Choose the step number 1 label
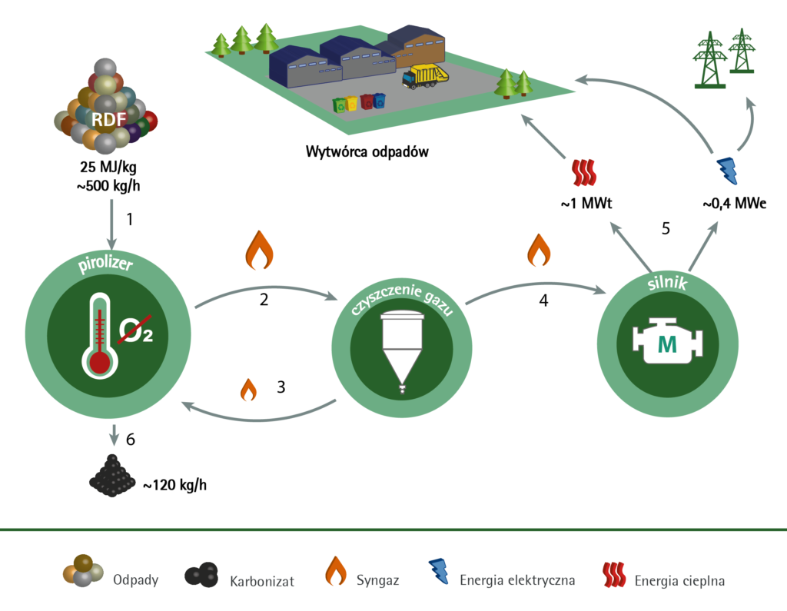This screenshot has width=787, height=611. pyautogui.click(x=130, y=219)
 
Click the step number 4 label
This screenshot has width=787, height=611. pyautogui.click(x=543, y=301)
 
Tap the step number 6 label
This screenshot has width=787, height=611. pyautogui.click(x=130, y=440)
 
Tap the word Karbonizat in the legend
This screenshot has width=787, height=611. pyautogui.click(x=262, y=580)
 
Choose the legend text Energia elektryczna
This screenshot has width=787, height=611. pyautogui.click(x=517, y=579)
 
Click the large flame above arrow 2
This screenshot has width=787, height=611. pyautogui.click(x=258, y=247)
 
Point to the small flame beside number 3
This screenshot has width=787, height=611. pyautogui.click(x=248, y=389)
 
